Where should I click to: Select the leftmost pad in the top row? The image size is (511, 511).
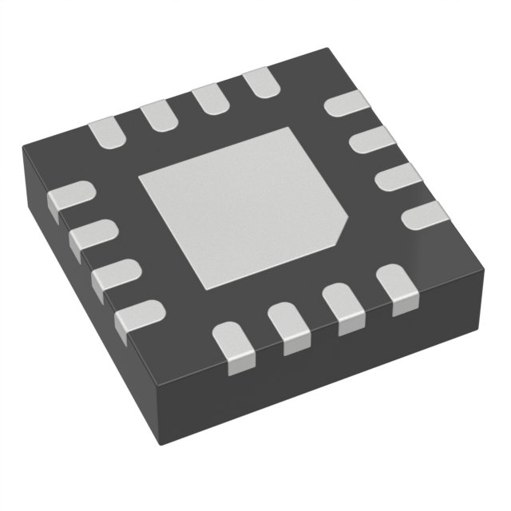tap(107, 133)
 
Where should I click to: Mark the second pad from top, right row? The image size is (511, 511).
tap(372, 141)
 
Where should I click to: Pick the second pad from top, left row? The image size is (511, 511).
tap(93, 236)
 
